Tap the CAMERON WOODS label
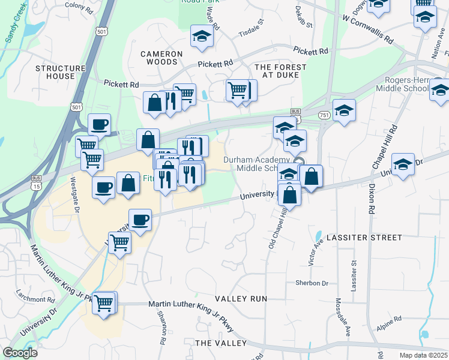(159, 58)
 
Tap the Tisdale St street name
(251, 28)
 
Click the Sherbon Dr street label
(312, 283)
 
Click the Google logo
(20, 352)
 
